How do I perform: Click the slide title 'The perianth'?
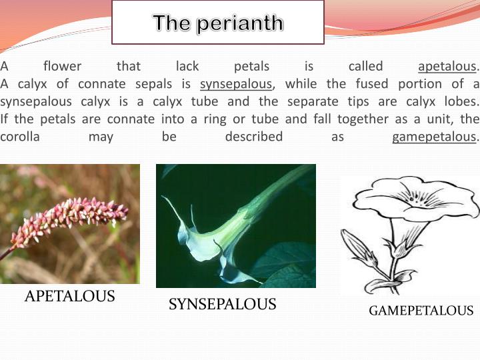pos(218,23)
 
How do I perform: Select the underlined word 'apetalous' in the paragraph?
pos(447,67)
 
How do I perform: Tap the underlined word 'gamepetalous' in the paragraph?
pos(434,137)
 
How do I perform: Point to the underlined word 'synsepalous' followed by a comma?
pos(236,84)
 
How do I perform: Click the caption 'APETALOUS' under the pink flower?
pos(69,297)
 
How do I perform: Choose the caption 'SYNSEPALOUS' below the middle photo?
pos(222,305)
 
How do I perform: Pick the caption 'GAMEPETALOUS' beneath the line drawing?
pos(421,311)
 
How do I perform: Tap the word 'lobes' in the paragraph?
pos(461,101)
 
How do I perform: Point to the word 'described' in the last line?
pos(253,137)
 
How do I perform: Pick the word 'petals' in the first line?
pos(252,67)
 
